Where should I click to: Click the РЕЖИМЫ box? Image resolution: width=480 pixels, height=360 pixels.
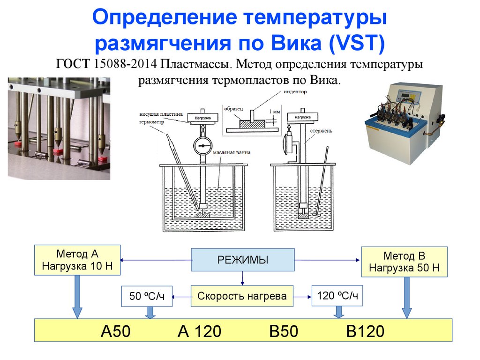point(242,260)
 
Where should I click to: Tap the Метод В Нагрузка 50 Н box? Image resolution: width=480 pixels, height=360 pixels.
point(404,262)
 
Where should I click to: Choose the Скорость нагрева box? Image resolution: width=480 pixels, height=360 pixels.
point(242,296)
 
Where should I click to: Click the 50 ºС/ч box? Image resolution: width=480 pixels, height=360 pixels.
point(147,296)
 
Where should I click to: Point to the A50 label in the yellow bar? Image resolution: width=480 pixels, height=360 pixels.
point(115,331)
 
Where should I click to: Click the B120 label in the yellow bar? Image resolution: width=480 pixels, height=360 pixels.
point(365,331)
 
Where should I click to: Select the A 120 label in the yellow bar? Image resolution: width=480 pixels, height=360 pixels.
point(199,331)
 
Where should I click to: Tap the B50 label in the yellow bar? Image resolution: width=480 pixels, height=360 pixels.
point(284,331)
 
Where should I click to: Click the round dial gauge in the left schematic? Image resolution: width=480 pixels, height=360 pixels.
point(202,147)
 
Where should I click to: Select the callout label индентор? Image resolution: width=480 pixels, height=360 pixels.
point(295,92)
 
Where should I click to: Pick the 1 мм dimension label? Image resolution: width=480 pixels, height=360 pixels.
point(275,112)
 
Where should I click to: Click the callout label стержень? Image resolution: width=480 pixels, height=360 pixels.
point(321,130)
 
